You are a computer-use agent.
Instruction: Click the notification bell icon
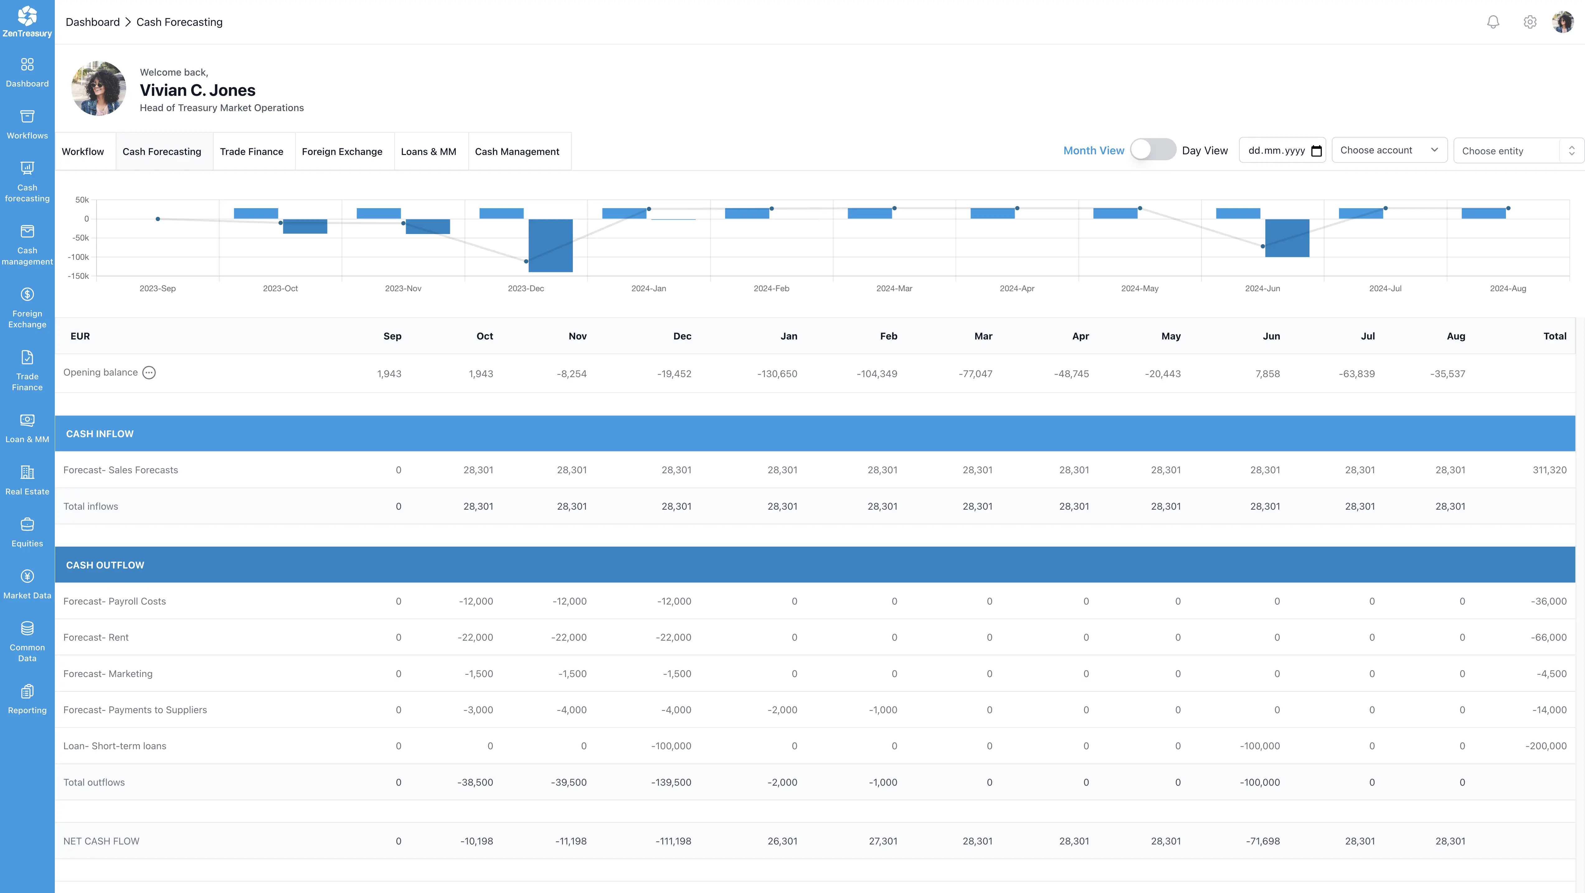(1493, 22)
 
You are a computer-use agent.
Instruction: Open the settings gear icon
(1530, 22)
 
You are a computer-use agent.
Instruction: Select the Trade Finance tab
(252, 151)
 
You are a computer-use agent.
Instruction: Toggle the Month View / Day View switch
(1152, 150)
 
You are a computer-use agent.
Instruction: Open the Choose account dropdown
(1389, 150)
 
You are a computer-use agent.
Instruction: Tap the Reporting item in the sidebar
(27, 699)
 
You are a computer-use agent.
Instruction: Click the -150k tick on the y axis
(78, 276)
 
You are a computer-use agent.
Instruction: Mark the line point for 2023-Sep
(158, 219)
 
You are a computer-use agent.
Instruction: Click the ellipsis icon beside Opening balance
(149, 373)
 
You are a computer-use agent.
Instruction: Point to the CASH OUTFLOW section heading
(105, 565)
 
